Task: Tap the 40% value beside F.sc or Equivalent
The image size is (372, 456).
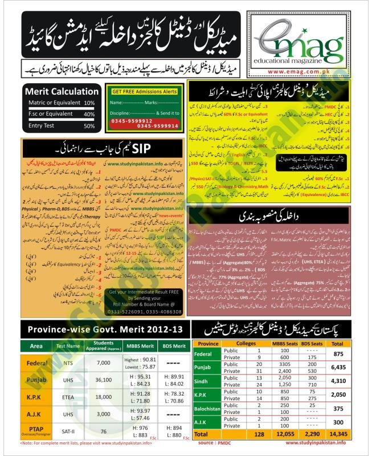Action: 89,114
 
